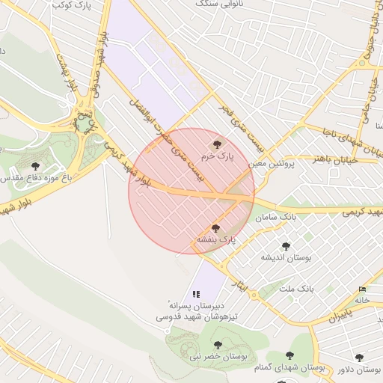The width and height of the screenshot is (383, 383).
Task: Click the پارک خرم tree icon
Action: (x=218, y=144)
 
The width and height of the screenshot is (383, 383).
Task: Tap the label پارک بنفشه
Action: (x=215, y=239)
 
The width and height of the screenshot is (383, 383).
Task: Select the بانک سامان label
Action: (x=275, y=218)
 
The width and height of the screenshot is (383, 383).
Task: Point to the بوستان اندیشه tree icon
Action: (x=285, y=245)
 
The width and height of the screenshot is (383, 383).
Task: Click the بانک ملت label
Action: (x=296, y=287)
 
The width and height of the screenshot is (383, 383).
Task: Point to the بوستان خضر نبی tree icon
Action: (x=218, y=345)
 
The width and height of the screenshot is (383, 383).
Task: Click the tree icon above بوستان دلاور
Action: (x=360, y=358)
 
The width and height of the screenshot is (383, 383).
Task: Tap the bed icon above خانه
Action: (x=363, y=289)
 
